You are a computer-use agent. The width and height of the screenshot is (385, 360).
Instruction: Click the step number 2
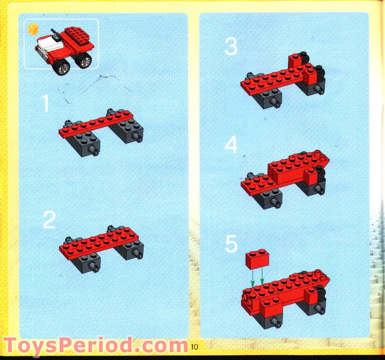[x=49, y=220]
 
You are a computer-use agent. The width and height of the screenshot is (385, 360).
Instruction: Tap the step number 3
[x=231, y=47]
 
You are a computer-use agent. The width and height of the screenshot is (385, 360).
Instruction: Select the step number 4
[x=231, y=145]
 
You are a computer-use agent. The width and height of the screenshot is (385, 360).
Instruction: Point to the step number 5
[x=231, y=244]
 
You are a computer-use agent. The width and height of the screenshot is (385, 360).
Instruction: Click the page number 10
[x=194, y=346]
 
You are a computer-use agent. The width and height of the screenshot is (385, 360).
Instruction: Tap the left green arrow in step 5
[x=252, y=278]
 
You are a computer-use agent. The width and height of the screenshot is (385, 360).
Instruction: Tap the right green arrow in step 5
[x=262, y=278]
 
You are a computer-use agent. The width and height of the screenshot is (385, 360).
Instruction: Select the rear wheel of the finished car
[x=84, y=61]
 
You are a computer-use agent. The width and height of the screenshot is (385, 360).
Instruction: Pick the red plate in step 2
[x=100, y=241]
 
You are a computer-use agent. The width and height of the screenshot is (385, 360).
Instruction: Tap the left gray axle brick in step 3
[x=266, y=97]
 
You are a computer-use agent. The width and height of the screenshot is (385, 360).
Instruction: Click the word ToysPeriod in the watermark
[x=65, y=346]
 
